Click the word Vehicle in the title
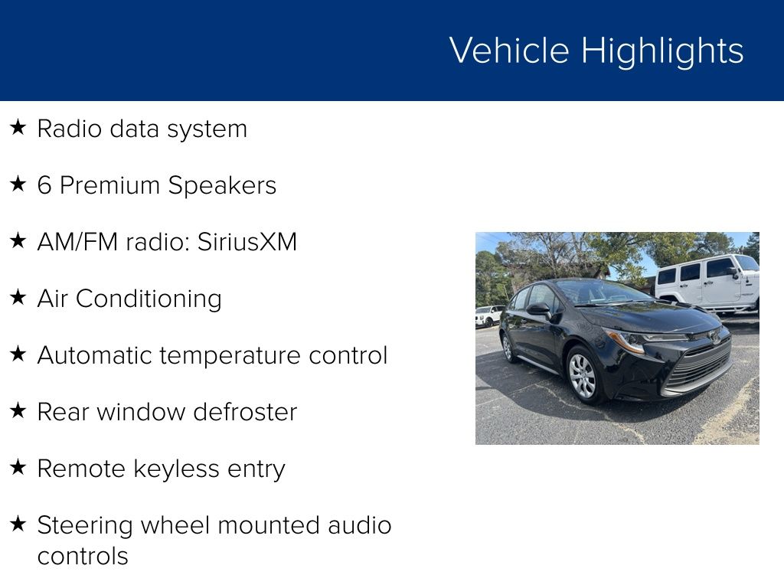point(509,51)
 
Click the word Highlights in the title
point(662,52)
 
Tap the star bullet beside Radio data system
point(18,127)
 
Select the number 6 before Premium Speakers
point(44,185)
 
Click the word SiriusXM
point(247,242)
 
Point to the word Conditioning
point(149,299)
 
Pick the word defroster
point(245,412)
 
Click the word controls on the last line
point(83,556)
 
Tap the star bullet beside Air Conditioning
point(18,297)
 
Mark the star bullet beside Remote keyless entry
point(18,467)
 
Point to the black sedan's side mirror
point(539,309)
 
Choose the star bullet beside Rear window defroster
point(18,410)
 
